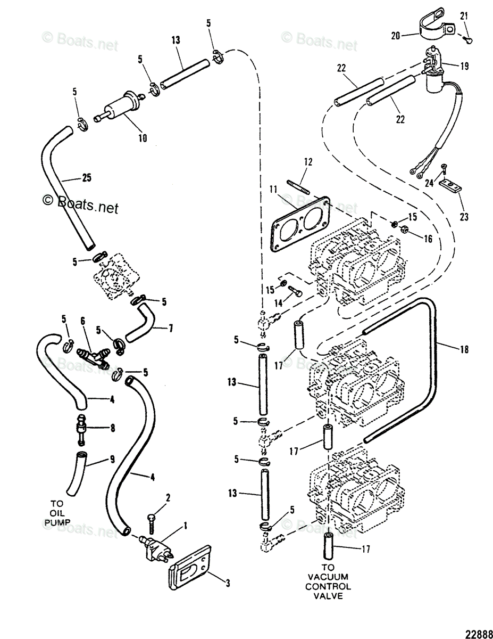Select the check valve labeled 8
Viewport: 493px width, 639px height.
[80, 427]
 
